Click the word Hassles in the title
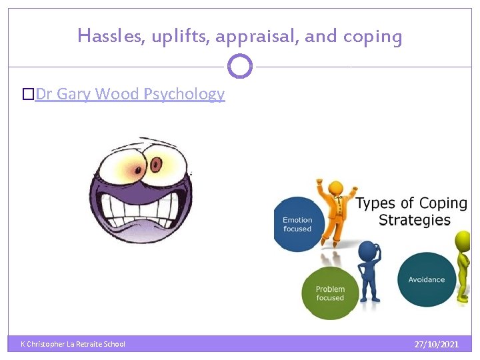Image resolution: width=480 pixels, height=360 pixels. [106, 35]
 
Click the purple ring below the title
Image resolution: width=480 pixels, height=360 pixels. [240, 67]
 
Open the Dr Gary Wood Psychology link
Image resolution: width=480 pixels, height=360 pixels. [130, 94]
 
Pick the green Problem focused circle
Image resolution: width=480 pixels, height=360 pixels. [329, 293]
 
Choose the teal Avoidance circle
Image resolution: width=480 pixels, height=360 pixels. [427, 279]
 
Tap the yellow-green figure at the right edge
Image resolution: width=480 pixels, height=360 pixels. [463, 267]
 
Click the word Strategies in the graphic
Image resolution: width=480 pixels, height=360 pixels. [414, 220]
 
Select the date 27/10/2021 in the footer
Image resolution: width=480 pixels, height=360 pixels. [436, 344]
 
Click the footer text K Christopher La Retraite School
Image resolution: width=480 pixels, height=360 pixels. [73, 344]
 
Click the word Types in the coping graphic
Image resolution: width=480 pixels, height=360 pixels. [375, 203]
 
